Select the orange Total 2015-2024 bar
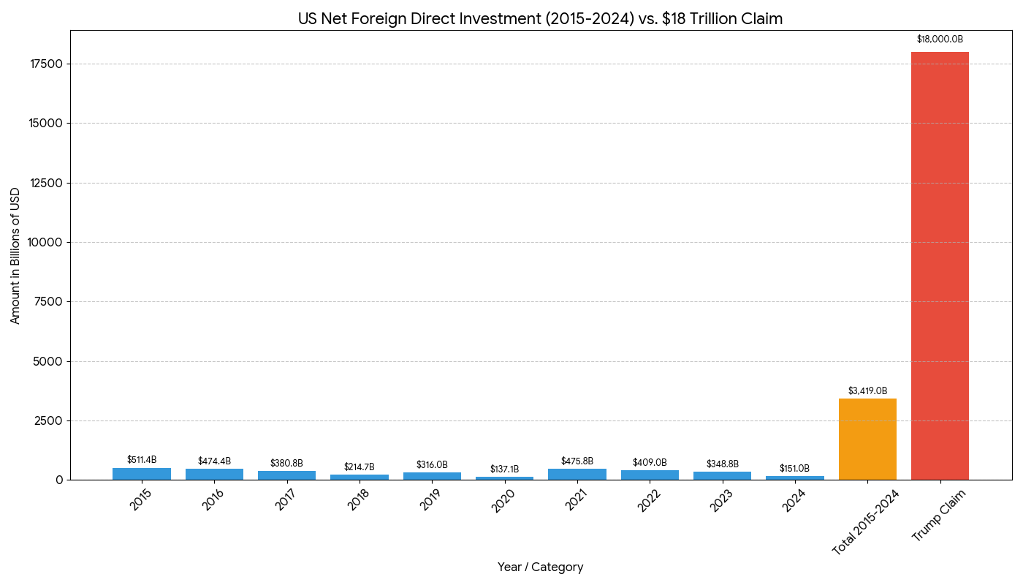pyautogui.click(x=867, y=439)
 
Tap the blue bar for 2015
pyautogui.click(x=142, y=474)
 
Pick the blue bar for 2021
pyautogui.click(x=577, y=474)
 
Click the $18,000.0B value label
pyautogui.click(x=940, y=39)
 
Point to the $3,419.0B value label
pyautogui.click(x=867, y=391)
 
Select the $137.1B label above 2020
pyautogui.click(x=504, y=469)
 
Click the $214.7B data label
pyautogui.click(x=359, y=467)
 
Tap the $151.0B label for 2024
pyautogui.click(x=794, y=468)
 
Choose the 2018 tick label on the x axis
pyautogui.click(x=358, y=500)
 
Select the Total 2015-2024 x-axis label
pyautogui.click(x=865, y=522)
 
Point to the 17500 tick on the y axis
pyautogui.click(x=45, y=64)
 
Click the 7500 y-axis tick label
pyautogui.click(x=48, y=302)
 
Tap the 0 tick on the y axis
pyautogui.click(x=59, y=480)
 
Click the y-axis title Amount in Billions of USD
pyautogui.click(x=15, y=255)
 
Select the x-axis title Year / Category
pyautogui.click(x=540, y=567)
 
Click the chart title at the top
pyautogui.click(x=540, y=19)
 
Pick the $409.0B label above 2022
pyautogui.click(x=650, y=463)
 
